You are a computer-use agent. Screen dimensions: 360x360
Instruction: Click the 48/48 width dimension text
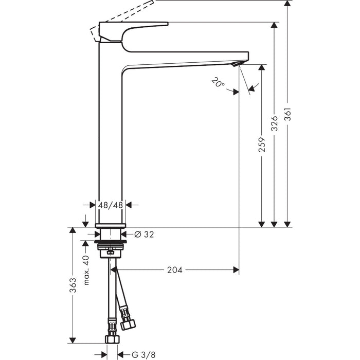(111, 205)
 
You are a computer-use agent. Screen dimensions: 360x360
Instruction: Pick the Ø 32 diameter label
(144, 235)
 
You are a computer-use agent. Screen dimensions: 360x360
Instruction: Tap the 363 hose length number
(73, 284)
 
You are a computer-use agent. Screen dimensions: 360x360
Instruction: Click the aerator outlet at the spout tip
(235, 64)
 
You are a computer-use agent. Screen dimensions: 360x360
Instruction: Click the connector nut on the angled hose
(128, 324)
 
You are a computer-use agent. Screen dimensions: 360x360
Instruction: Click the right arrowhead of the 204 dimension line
(236, 269)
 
